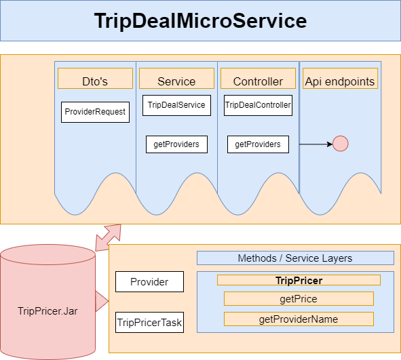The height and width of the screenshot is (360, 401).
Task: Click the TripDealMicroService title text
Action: tap(200, 21)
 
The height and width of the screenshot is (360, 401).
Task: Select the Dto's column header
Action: tap(95, 81)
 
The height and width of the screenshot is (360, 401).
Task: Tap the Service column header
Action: tap(176, 81)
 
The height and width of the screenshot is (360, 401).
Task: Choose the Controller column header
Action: tap(258, 81)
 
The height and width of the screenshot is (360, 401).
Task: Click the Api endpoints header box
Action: tap(339, 81)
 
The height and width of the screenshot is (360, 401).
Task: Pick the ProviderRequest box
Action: tap(95, 112)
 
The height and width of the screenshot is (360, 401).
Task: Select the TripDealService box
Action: tap(176, 105)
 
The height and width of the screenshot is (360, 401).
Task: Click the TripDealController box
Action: tap(258, 105)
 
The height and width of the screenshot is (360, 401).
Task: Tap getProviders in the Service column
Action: tap(176, 144)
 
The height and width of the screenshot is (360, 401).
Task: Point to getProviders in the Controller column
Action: tap(258, 144)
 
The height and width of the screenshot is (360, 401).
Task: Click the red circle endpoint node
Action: tap(340, 144)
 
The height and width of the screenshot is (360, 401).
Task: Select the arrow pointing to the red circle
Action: tap(316, 144)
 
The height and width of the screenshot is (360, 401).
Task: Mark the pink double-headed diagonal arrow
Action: tap(108, 237)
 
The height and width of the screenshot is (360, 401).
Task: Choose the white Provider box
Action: tap(149, 281)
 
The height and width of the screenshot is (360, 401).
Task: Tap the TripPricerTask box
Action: tap(149, 323)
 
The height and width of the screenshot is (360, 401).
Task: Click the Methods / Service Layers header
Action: tap(295, 258)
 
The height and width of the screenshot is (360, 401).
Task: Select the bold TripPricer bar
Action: tap(299, 279)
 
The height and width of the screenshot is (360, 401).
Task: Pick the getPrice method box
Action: tap(299, 299)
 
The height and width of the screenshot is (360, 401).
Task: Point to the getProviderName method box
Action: tap(299, 319)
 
